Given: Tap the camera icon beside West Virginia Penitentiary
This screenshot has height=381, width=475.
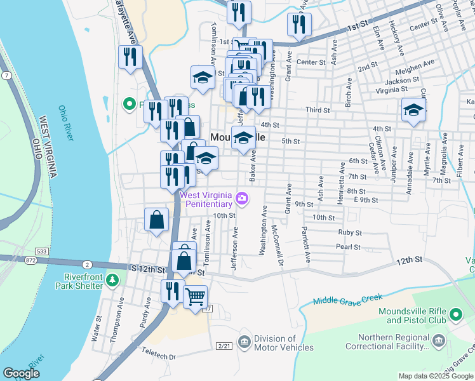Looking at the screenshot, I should point(241,199).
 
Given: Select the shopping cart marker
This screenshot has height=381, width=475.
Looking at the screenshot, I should point(196,296).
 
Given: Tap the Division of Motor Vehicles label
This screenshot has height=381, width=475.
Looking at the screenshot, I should point(284,343).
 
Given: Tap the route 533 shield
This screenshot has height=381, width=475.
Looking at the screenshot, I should point(41,251).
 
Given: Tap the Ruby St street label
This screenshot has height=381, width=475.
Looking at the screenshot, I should point(349,233).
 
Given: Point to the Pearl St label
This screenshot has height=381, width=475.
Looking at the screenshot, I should point(349,247).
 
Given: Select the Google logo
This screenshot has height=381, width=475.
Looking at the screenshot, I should point(21,373).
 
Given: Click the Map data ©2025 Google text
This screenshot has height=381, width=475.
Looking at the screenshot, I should point(435,376).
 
